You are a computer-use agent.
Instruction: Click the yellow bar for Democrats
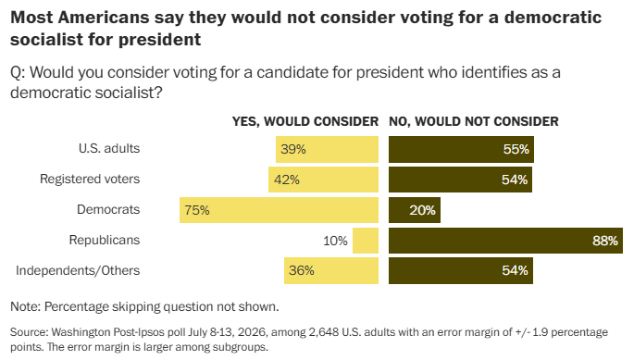point(279,210)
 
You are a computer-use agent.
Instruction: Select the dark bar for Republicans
point(506,241)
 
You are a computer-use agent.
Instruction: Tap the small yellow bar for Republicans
point(366,241)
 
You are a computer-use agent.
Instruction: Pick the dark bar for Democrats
point(415,210)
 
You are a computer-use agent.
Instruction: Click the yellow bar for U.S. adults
point(327,149)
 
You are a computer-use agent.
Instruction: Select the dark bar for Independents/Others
point(461,270)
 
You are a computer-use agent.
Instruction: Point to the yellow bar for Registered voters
point(323,180)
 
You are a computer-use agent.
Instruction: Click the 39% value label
point(293,149)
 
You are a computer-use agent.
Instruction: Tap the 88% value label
point(605,241)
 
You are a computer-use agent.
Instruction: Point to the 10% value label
point(335,241)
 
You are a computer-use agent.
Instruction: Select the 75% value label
point(197,210)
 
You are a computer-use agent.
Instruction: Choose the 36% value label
point(302,270)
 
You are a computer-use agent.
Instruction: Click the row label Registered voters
point(90,180)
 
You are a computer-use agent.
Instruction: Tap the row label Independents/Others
point(78,270)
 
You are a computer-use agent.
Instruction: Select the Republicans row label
point(105,240)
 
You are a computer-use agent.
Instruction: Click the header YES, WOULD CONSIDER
point(305,121)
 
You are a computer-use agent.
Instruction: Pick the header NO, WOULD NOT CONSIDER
point(474,121)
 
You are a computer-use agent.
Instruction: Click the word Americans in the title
point(104,18)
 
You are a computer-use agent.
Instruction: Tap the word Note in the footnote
point(25,306)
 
